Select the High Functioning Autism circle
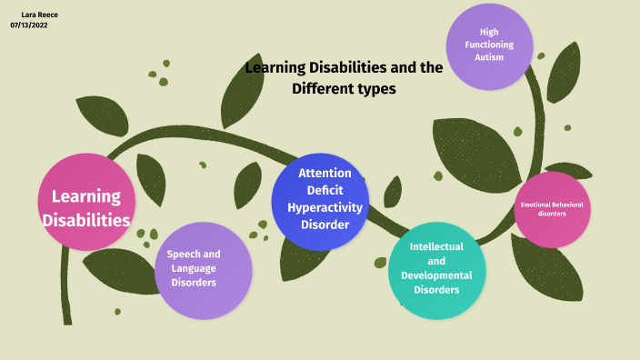[489, 45]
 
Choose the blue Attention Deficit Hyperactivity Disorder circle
[320, 201]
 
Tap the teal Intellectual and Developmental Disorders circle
[436, 269]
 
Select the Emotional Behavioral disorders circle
[552, 209]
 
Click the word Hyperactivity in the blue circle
[325, 207]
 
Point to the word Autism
[489, 57]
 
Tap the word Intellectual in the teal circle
[436, 246]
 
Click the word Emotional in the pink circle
[536, 205]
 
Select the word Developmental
[436, 275]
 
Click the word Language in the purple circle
[194, 268]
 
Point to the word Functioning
[489, 45]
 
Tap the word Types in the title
[378, 88]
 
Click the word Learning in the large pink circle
[86, 195]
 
